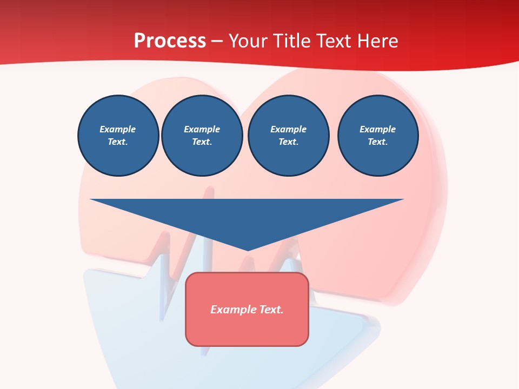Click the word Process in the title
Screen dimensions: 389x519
point(170,41)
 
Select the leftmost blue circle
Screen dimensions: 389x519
point(118,135)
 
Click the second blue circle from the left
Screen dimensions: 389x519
point(202,135)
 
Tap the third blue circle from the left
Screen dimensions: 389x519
point(288,135)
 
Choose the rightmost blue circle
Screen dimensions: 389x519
point(377,135)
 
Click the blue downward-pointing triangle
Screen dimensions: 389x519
point(247,216)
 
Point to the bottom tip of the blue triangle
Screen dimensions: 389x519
point(248,249)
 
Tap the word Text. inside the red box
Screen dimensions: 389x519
point(271,310)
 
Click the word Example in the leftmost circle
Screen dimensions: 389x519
point(118,129)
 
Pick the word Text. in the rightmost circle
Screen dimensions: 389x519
point(377,142)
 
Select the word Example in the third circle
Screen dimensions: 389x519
point(288,129)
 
